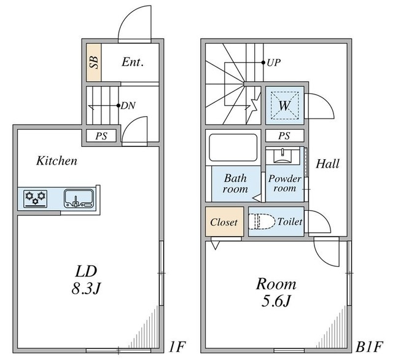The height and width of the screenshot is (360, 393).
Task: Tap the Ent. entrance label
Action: tap(133, 61)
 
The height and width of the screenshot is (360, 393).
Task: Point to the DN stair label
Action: tap(128, 106)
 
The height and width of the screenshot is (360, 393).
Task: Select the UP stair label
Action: tap(273, 63)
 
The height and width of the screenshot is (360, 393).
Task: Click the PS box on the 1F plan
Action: tap(101, 136)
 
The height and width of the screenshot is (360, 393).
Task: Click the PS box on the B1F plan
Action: tap(284, 136)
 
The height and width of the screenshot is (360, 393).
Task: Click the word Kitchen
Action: tap(56, 161)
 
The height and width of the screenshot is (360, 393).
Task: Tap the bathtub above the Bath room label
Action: tap(233, 148)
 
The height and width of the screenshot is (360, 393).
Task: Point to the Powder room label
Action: tap(284, 184)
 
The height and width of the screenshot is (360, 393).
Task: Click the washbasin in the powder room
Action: tap(284, 155)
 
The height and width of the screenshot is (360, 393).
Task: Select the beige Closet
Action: tap(224, 222)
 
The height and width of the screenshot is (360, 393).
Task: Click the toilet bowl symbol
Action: tap(259, 222)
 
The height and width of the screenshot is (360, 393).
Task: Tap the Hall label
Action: tap(328, 164)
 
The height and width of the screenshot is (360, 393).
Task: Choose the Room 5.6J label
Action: tap(276, 292)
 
